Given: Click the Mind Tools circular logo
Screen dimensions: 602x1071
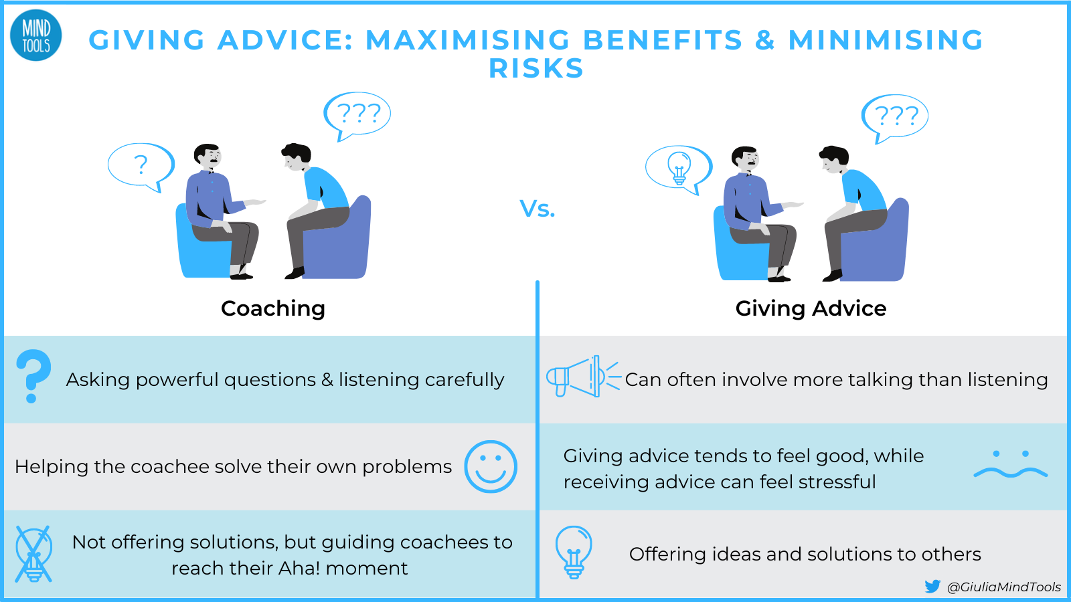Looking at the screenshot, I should pos(36,36).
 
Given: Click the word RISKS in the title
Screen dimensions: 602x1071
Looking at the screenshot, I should pos(536,69).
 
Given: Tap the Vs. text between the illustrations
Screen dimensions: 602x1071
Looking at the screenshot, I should pos(538,209).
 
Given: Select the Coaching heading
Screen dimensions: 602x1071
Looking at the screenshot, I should pos(273,308).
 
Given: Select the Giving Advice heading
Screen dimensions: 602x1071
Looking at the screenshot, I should pos(811,308).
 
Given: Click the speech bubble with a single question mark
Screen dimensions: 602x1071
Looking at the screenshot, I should pos(141,165).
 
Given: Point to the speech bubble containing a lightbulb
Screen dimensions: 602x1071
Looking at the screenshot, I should pos(678,167).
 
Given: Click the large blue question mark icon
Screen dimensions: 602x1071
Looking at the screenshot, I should pos(33,376).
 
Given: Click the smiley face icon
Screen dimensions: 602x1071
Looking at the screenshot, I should pos(491,467).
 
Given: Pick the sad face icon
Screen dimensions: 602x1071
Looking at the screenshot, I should pos(1010,465).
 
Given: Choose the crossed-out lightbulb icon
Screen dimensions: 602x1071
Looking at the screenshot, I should pos(33,554).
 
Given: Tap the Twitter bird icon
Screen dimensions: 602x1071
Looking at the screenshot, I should pos(932,587).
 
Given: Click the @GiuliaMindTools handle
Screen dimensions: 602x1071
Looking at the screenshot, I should pos(1004,587).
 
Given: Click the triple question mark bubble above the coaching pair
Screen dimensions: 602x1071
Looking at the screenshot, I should pos(357,114).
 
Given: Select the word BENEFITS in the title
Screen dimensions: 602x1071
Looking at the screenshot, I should pos(663,40).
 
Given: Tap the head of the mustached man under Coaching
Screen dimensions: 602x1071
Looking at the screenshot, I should pos(208,157).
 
